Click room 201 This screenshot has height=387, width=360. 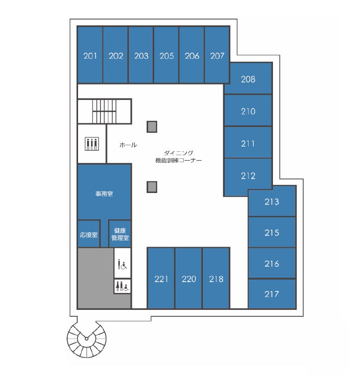[90, 55]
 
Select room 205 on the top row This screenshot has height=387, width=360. [166, 55]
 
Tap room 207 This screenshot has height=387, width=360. [217, 55]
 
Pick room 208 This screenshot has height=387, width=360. [248, 79]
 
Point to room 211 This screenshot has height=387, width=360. [248, 142]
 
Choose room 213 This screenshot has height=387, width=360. [272, 201]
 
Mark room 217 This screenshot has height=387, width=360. [272, 293]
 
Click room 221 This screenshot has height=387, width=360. [161, 278]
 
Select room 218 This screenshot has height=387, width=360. [216, 278]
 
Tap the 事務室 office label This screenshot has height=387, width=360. [104, 193]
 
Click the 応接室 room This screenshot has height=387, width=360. [89, 234]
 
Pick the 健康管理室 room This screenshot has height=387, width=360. [120, 234]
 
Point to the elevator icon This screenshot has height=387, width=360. [92, 144]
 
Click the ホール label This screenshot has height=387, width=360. [128, 145]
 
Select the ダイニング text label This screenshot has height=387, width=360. [179, 153]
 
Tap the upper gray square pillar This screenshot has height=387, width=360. [152, 127]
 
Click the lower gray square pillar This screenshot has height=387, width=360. [152, 187]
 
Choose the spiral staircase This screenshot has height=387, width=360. [87, 338]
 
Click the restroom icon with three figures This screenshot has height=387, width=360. [122, 286]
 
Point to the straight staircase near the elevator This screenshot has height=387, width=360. [104, 111]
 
